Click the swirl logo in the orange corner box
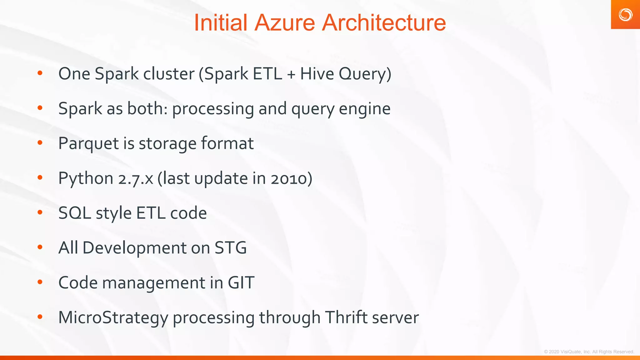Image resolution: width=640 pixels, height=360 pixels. (x=625, y=15)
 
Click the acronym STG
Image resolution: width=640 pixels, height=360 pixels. (x=231, y=248)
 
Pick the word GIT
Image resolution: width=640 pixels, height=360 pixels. (x=241, y=283)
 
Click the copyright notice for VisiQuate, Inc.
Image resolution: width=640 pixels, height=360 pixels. (x=589, y=352)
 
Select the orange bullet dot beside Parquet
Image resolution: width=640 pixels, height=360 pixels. (x=40, y=143)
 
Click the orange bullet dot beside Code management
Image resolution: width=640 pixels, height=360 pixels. (x=40, y=282)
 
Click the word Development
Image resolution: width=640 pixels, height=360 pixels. (x=134, y=248)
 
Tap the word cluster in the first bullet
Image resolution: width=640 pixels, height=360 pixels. (x=169, y=74)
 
